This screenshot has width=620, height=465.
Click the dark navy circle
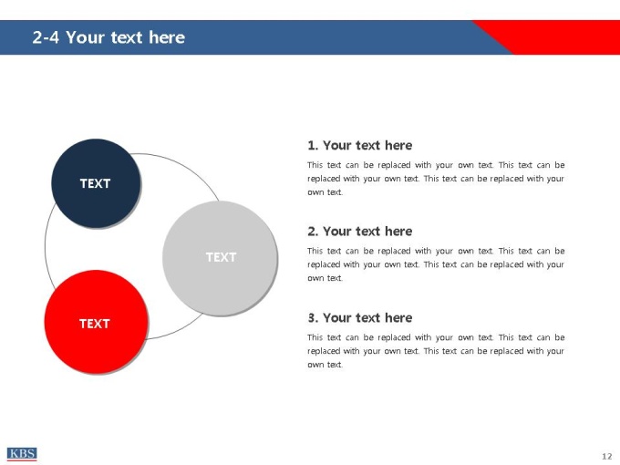[x=96, y=183]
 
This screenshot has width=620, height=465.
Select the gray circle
[x=220, y=258]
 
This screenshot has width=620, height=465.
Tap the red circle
[x=96, y=322]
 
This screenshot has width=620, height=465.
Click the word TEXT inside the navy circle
[x=96, y=183]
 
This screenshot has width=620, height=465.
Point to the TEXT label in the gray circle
[x=221, y=257]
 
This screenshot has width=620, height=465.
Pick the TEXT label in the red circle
[x=95, y=324]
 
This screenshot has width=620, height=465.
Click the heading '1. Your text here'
[x=360, y=146]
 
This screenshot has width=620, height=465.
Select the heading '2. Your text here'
[x=360, y=232]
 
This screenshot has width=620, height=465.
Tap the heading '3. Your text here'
[x=360, y=318]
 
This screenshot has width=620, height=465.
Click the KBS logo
[x=22, y=454]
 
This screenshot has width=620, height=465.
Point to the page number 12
[x=607, y=456]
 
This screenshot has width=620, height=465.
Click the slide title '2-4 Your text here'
[x=108, y=37]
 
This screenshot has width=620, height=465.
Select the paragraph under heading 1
[x=436, y=179]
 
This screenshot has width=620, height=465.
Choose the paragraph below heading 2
[x=436, y=264]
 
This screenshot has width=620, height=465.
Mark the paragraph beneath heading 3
[x=436, y=351]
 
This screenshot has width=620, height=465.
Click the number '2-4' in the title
[x=46, y=37]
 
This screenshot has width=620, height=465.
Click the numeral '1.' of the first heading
[x=313, y=146]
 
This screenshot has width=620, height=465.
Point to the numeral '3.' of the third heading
[x=313, y=318]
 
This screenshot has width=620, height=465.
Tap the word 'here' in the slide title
[x=167, y=37]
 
